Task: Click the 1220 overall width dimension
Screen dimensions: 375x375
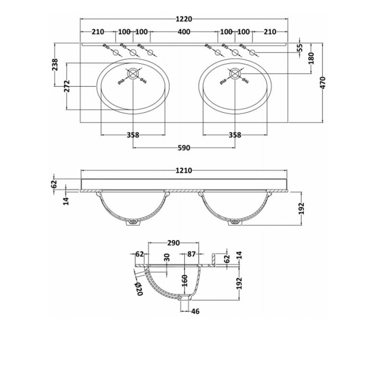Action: [x=184, y=19]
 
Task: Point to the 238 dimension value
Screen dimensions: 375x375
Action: [x=55, y=66]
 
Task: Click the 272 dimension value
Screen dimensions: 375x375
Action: [x=67, y=86]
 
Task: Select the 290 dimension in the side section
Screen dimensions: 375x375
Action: [x=173, y=243]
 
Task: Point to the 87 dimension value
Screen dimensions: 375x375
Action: [x=191, y=256]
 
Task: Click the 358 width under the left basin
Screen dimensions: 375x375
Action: [x=133, y=135]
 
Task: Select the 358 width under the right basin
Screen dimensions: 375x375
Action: [x=234, y=135]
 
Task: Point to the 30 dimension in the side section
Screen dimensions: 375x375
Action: [x=167, y=258]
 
